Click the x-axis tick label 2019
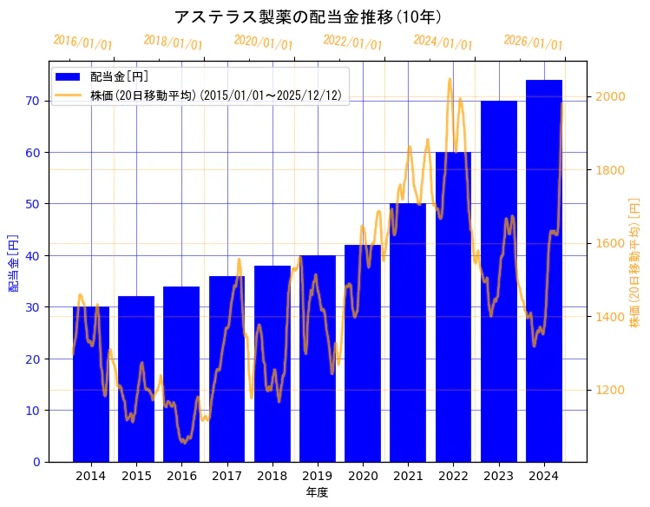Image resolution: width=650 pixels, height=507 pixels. click(318, 476)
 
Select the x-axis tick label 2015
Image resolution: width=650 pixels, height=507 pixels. click(136, 476)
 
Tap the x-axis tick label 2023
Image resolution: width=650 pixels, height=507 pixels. click(499, 476)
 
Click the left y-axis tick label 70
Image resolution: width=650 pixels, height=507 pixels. click(32, 101)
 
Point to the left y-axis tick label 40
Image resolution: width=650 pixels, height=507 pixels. click(32, 256)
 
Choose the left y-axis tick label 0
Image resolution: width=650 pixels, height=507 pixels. click(36, 462)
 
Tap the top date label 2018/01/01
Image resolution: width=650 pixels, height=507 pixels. click(173, 43)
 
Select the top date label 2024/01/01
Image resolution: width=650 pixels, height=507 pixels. click(443, 43)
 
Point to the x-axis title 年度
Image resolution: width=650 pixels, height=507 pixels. click(317, 492)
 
